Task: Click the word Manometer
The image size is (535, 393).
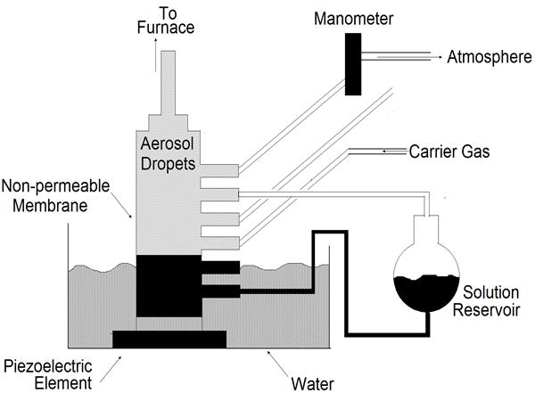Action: click(x=353, y=19)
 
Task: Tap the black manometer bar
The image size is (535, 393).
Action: click(x=353, y=64)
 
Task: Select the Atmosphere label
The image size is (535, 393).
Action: click(x=490, y=57)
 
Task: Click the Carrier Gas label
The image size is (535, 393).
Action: click(x=449, y=151)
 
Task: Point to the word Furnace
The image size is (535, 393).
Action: click(x=166, y=28)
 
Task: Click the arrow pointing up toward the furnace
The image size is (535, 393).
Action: click(x=155, y=54)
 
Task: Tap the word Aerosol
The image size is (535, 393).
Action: click(x=168, y=143)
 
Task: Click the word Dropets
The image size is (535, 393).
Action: click(x=168, y=164)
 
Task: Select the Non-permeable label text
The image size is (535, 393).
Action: click(x=55, y=186)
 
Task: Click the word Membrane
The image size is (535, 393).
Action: click(x=50, y=206)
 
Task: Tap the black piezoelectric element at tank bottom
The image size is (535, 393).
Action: click(x=169, y=340)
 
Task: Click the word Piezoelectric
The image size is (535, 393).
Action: click(x=48, y=366)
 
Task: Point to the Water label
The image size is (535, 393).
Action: click(x=313, y=384)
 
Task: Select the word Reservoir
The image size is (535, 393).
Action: click(x=486, y=310)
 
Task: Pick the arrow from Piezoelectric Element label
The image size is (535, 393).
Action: click(x=111, y=370)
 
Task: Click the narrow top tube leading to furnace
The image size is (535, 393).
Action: click(x=169, y=83)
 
